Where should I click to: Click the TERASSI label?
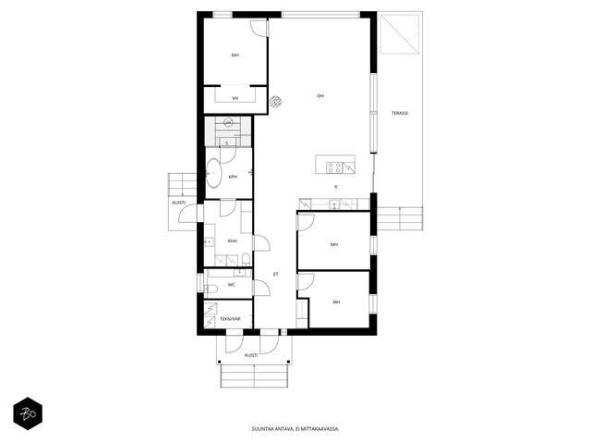(x=400, y=113)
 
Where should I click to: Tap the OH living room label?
(x=320, y=96)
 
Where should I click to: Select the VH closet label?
(x=235, y=98)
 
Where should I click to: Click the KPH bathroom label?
(x=233, y=177)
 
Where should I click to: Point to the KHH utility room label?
(x=233, y=240)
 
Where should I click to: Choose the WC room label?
(x=232, y=285)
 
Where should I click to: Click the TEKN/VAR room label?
(x=230, y=319)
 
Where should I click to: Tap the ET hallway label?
(x=275, y=274)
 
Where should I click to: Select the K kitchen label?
(x=336, y=187)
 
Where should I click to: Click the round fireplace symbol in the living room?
(x=276, y=101)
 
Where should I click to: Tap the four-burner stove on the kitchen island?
(x=334, y=167)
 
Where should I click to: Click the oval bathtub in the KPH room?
(x=214, y=173)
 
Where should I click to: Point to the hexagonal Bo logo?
(x=28, y=413)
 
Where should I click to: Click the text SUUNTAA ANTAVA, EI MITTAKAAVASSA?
(x=295, y=429)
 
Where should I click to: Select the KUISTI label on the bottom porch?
(x=251, y=355)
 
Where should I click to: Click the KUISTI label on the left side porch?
(x=178, y=203)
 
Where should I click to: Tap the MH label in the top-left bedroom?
(x=235, y=55)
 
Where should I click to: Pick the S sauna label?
(x=226, y=143)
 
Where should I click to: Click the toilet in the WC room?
(x=211, y=290)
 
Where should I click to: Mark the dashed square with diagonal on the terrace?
(x=400, y=34)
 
